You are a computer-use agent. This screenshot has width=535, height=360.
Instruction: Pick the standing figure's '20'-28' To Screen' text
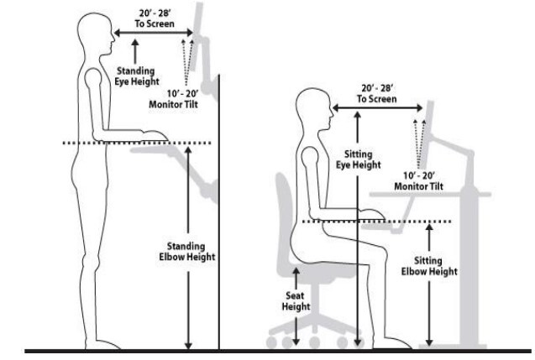151,19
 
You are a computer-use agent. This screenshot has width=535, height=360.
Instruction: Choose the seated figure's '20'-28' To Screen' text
377,93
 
